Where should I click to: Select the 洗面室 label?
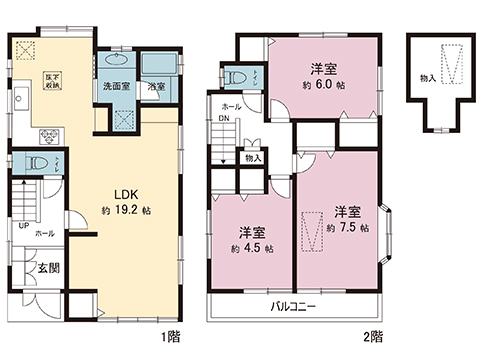tap(115, 87)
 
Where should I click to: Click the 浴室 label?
tap(156, 87)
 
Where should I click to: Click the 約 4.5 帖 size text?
tap(245, 248)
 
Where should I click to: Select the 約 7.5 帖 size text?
tap(346, 228)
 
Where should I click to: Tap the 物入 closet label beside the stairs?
tap(252, 158)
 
